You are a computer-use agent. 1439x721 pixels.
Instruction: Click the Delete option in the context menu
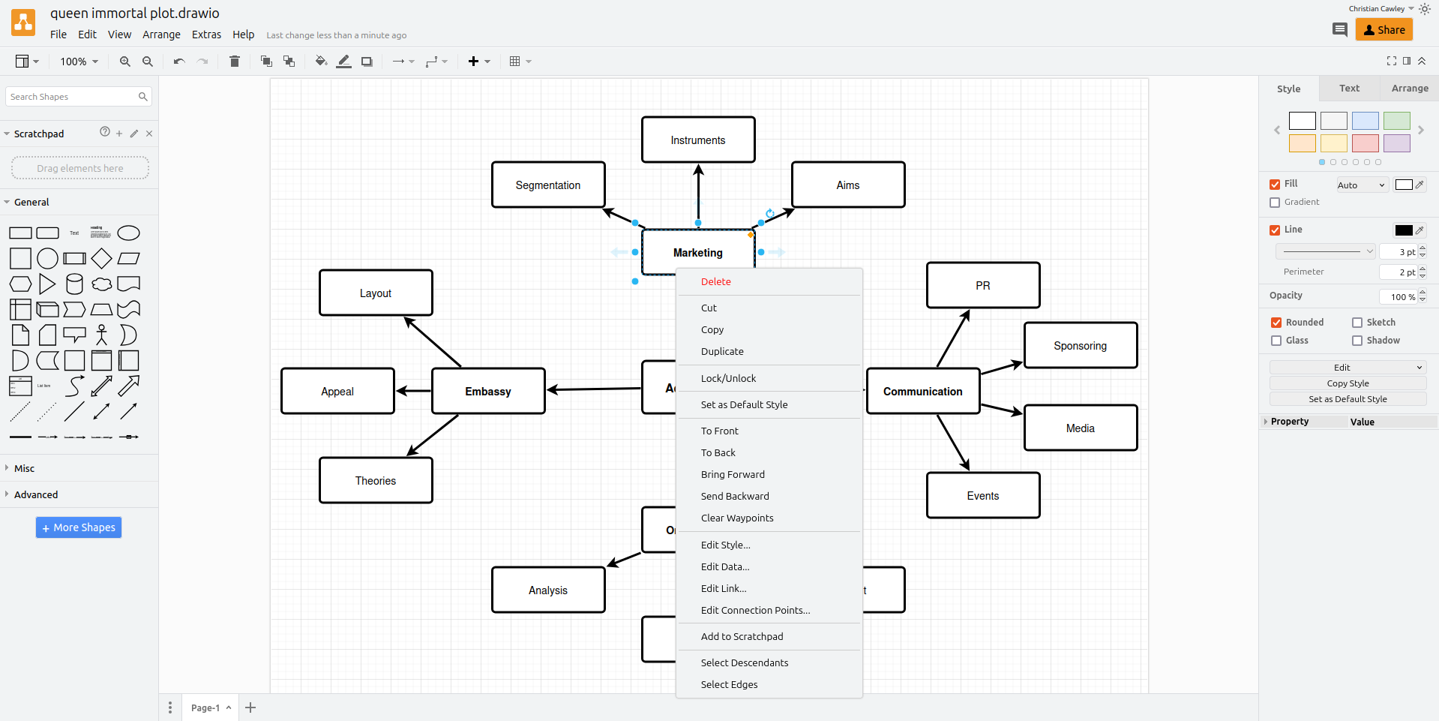[716, 282]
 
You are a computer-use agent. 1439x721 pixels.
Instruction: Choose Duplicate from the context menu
[722, 352]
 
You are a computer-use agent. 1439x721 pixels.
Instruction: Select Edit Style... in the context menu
[725, 545]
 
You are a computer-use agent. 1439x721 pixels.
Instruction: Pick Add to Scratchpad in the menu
[742, 637]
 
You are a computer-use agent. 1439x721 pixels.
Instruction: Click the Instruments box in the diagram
[698, 140]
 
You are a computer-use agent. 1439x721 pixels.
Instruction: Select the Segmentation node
[548, 185]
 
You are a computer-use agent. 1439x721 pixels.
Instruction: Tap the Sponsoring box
[1080, 346]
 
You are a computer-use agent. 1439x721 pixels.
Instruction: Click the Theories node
[376, 481]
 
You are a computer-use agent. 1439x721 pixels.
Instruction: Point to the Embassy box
[488, 392]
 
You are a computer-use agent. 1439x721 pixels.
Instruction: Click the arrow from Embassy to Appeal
[413, 391]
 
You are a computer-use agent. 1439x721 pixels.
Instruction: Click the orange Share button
[1384, 30]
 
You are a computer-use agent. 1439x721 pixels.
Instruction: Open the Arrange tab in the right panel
[1410, 89]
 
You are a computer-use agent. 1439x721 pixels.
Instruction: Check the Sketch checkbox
[1357, 323]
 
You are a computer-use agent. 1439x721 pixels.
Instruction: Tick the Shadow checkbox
[1357, 341]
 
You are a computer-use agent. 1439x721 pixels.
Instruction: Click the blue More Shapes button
[79, 527]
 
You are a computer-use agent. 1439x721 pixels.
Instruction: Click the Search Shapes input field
[72, 97]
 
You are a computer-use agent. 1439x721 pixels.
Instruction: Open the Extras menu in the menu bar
[206, 35]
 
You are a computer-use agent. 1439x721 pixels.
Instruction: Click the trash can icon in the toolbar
[235, 62]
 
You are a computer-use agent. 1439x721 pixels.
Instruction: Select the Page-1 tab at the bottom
[205, 707]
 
